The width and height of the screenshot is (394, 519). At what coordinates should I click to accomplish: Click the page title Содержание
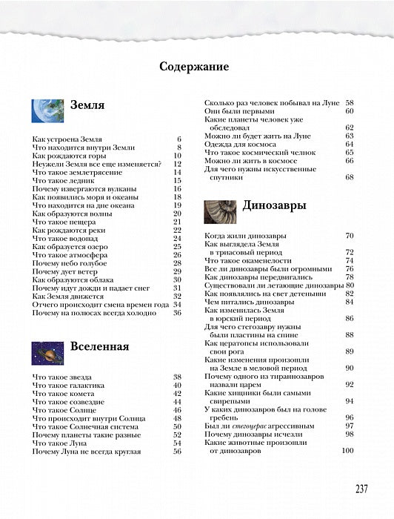click(x=197, y=66)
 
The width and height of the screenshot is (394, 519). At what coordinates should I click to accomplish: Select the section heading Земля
click(x=87, y=105)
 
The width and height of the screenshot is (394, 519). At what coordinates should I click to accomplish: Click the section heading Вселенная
click(x=99, y=346)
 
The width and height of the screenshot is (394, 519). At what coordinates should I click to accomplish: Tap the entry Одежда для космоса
click(x=241, y=144)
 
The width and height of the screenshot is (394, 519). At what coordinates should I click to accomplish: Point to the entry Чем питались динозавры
click(x=252, y=302)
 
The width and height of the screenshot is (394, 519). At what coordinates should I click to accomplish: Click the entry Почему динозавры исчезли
click(x=259, y=434)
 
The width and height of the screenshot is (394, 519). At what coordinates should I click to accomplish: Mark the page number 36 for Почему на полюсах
click(x=177, y=313)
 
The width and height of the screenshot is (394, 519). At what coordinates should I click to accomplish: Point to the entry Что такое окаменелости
click(x=253, y=260)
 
